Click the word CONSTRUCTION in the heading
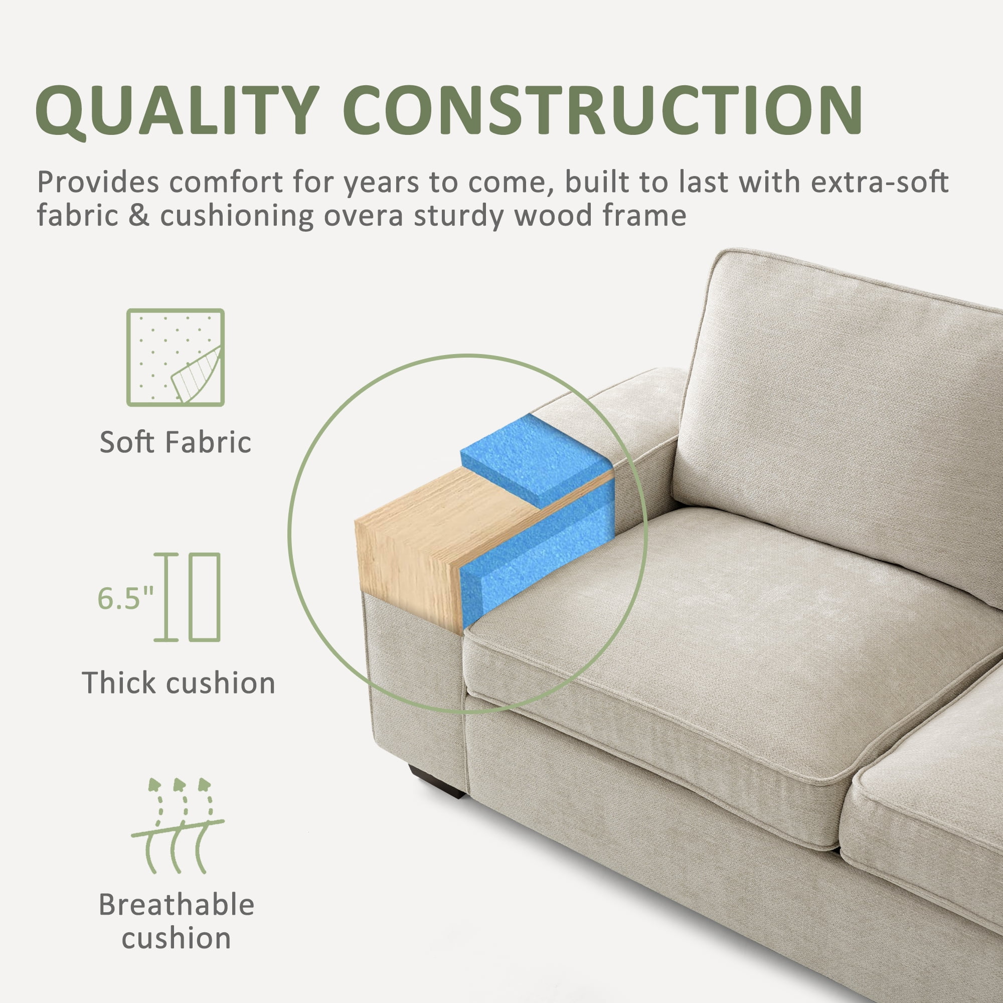[x=602, y=109]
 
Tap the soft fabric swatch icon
[x=176, y=358]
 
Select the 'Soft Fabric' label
[x=176, y=442]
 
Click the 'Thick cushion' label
[x=179, y=683]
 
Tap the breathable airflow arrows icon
[x=178, y=826]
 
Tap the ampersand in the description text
[x=138, y=216]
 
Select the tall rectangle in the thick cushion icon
[x=205, y=597]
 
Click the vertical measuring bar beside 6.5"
[x=166, y=597]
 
